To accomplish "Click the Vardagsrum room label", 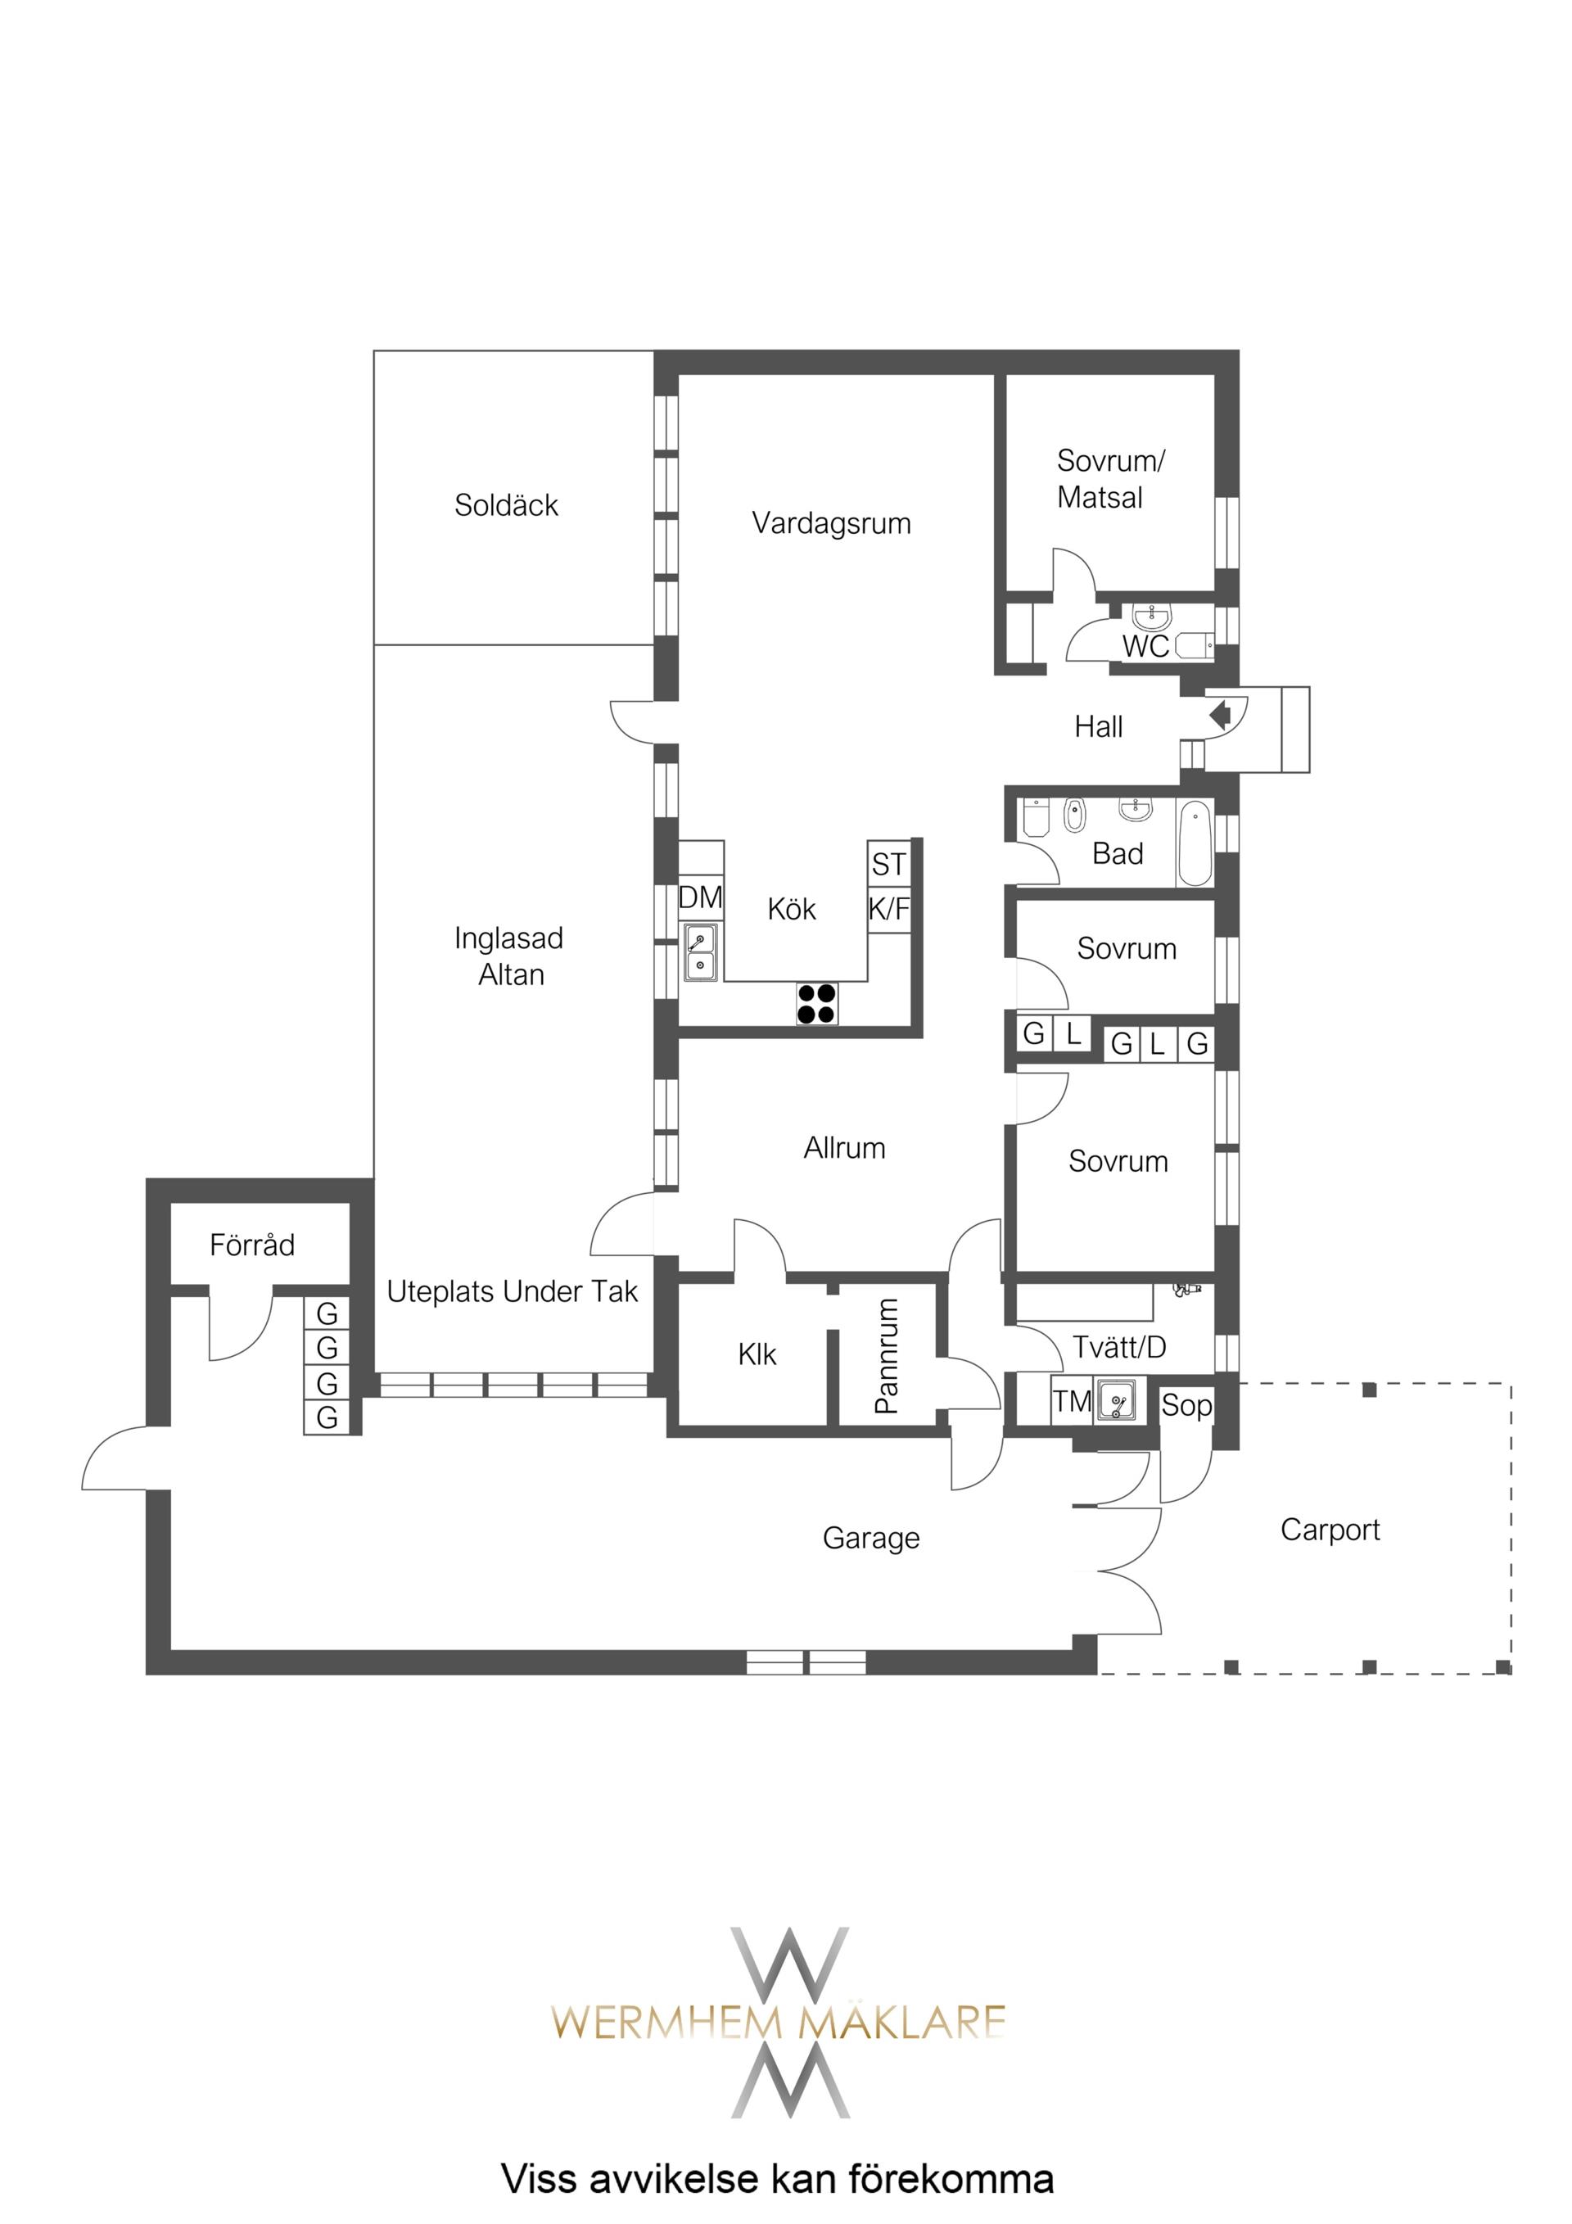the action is [x=831, y=524].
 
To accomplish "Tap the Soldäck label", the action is [x=507, y=504].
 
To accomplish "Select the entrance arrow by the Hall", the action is [x=1221, y=715].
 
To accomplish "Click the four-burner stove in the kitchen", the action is [x=816, y=1004].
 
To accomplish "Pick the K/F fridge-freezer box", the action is [x=889, y=909].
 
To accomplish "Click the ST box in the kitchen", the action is [x=889, y=863].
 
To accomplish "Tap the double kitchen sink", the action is [x=700, y=952].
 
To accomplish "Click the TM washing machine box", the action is [x=1073, y=1401].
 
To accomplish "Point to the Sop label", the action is [x=1186, y=1405].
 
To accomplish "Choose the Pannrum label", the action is [x=886, y=1355].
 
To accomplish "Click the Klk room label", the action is [x=757, y=1354].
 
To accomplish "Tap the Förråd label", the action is [x=252, y=1244].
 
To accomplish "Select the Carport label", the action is [x=1330, y=1530].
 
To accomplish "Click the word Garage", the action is [x=871, y=1538].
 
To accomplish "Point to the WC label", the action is [x=1145, y=646].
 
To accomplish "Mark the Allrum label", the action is [x=845, y=1148].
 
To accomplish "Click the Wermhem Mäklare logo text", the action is [x=779, y=2022].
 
